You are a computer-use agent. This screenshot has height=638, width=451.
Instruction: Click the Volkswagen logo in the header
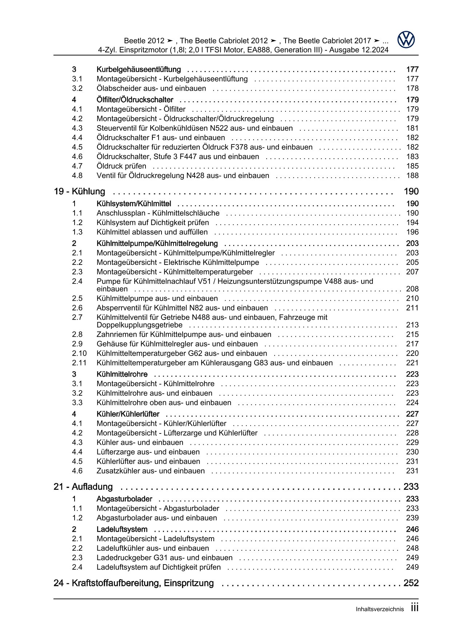(x=406, y=40)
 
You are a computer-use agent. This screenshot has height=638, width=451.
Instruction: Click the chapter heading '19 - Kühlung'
(x=79, y=191)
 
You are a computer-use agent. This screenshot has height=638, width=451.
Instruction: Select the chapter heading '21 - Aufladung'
(x=83, y=487)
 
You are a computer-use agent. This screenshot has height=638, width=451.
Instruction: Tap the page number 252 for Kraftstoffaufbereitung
(x=411, y=583)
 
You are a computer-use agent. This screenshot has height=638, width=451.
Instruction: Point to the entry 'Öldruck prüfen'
(x=121, y=166)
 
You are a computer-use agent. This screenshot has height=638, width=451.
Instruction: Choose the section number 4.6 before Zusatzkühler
(x=77, y=471)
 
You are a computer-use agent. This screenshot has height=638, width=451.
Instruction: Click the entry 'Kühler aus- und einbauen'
(x=140, y=443)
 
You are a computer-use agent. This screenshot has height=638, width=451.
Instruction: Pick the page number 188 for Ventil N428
(x=412, y=176)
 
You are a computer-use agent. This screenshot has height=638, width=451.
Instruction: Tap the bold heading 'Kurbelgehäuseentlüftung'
(x=139, y=70)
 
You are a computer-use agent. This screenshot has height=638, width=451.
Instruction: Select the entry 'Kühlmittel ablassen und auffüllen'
(x=152, y=232)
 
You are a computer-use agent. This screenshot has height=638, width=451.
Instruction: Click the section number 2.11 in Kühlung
(x=79, y=363)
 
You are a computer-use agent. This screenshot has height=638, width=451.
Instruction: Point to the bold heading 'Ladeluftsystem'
(x=122, y=529)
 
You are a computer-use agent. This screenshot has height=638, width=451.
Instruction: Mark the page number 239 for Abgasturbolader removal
(x=412, y=518)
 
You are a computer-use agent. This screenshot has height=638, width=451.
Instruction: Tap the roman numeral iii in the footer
(x=415, y=608)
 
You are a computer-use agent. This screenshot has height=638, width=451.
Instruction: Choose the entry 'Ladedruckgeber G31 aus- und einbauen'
(x=164, y=558)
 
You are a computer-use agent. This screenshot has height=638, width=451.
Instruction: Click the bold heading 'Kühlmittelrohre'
(x=122, y=374)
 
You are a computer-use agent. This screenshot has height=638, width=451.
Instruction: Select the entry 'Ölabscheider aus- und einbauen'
(x=151, y=88)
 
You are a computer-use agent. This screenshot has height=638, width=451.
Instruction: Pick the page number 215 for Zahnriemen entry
(x=412, y=334)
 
